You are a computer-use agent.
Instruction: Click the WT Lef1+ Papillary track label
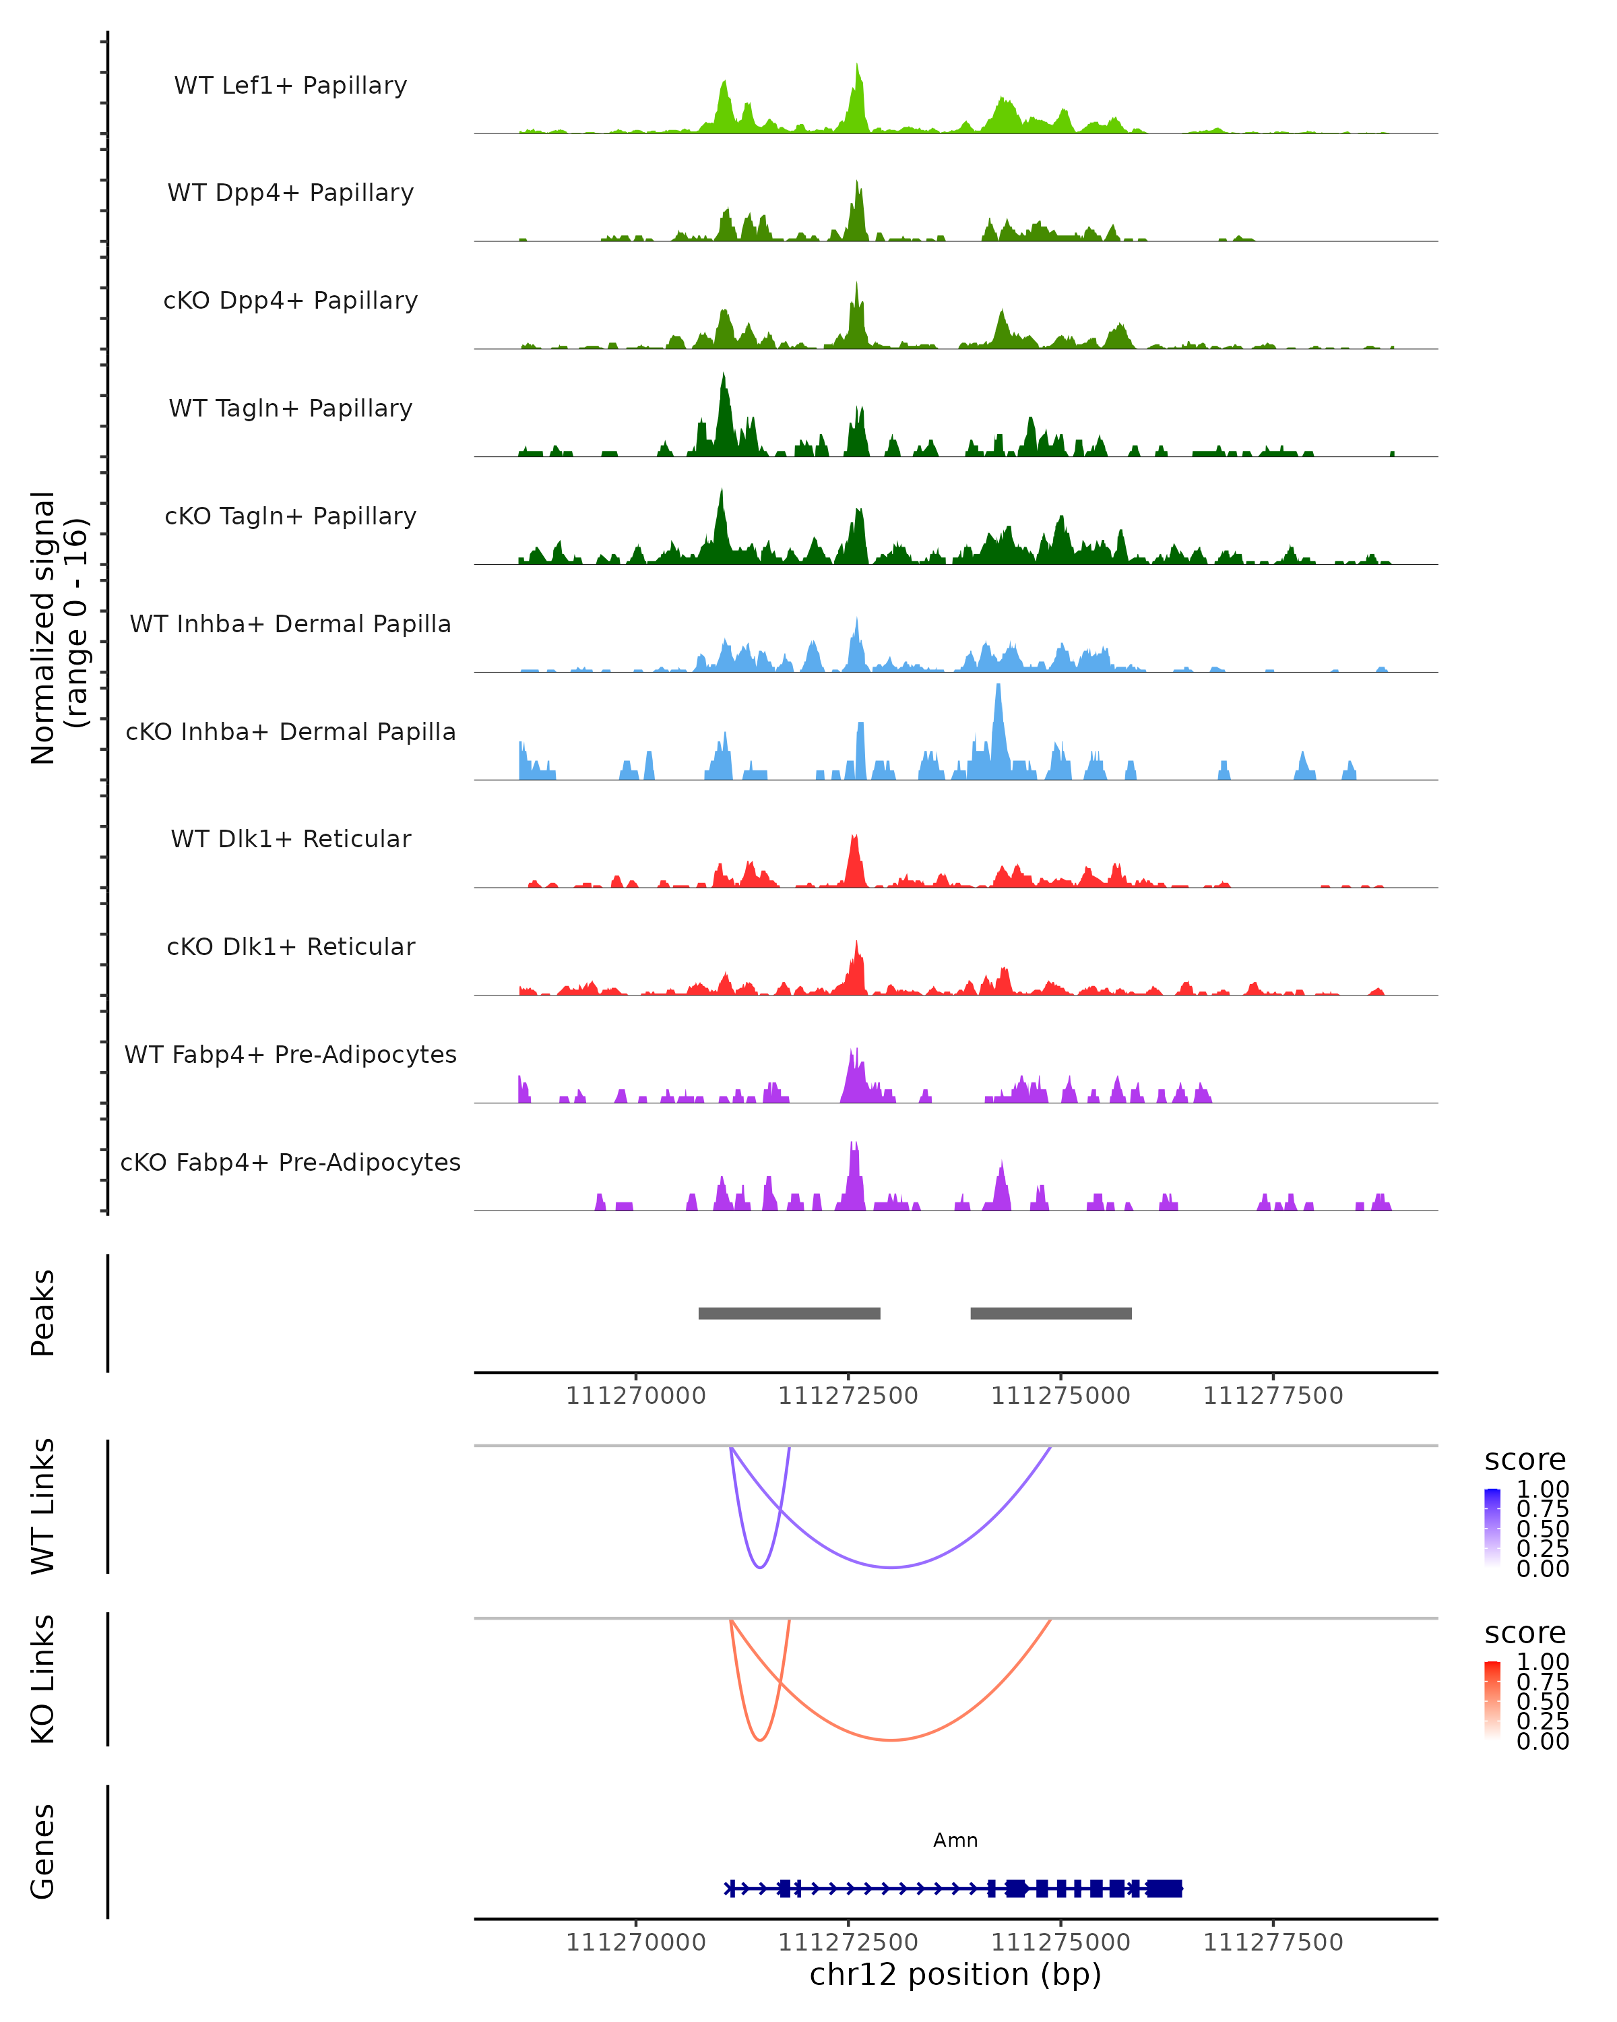pyautogui.click(x=290, y=86)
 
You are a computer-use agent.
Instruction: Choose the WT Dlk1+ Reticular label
pyautogui.click(x=290, y=838)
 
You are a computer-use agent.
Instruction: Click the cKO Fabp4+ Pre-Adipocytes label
pyautogui.click(x=290, y=1162)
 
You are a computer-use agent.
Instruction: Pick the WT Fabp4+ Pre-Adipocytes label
pyautogui.click(x=290, y=1054)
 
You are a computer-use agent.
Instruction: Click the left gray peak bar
pyautogui.click(x=789, y=1313)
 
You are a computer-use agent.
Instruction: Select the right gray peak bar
pyautogui.click(x=1051, y=1313)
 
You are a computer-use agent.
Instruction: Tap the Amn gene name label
pyautogui.click(x=955, y=1840)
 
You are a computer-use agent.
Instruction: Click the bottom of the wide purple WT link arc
pyautogui.click(x=891, y=1567)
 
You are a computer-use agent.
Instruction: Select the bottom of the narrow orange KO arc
pyautogui.click(x=760, y=1740)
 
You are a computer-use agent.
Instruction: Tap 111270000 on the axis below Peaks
pyautogui.click(x=635, y=1396)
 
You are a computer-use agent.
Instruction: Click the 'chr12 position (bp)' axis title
pyautogui.click(x=955, y=1975)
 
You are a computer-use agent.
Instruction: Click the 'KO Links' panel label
pyautogui.click(x=43, y=1680)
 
